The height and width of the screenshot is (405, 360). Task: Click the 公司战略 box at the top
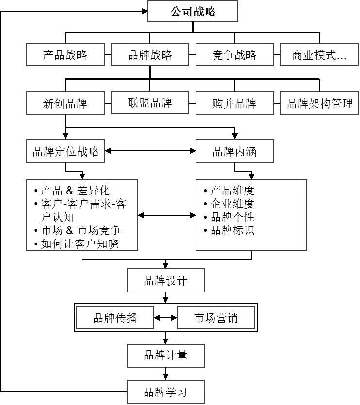tap(193, 11)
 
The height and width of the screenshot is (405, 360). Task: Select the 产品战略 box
tap(65, 54)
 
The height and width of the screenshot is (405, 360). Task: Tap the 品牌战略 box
tap(150, 54)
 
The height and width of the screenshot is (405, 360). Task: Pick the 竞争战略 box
tap(235, 54)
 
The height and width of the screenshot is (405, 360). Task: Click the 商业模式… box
tap(319, 54)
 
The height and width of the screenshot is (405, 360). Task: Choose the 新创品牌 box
tap(65, 103)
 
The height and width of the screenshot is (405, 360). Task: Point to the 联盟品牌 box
tap(150, 102)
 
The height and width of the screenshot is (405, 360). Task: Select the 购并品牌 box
tap(235, 103)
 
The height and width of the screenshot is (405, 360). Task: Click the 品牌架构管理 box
tap(319, 103)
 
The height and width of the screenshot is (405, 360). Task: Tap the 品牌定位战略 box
tap(65, 151)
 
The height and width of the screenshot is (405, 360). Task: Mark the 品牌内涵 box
tap(235, 151)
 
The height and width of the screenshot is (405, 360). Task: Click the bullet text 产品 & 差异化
tap(75, 191)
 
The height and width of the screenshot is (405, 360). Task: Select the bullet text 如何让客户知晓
tap(80, 244)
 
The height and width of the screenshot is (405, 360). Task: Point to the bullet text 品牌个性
tap(232, 217)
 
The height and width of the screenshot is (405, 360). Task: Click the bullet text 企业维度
tap(232, 204)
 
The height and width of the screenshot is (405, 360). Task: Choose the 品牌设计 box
tap(165, 280)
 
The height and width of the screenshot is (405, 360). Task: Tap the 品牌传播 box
tap(115, 318)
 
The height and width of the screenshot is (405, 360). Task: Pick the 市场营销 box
tap(216, 318)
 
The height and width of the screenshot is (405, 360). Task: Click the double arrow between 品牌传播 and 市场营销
tap(165, 318)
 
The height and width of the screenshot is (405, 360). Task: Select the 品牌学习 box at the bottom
tap(165, 392)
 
